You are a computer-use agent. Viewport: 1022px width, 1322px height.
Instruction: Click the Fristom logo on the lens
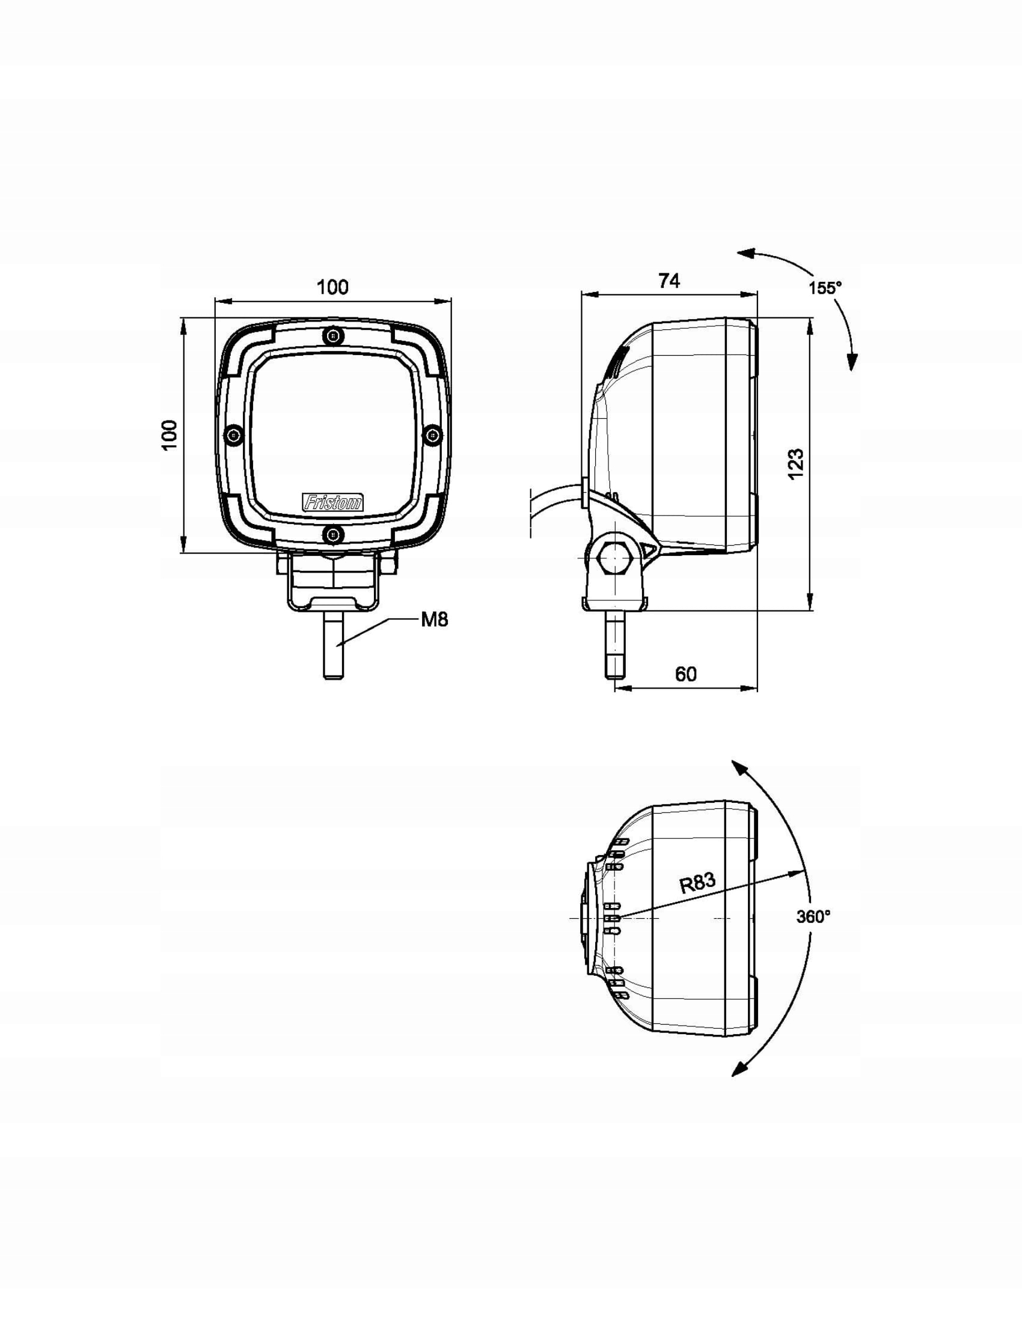click(332, 502)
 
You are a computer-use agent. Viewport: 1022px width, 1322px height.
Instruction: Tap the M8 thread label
click(434, 619)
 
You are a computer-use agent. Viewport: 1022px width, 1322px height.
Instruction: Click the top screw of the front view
click(332, 335)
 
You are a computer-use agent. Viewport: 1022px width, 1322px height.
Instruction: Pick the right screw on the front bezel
click(432, 434)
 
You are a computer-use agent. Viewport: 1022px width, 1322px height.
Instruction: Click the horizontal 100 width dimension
click(332, 287)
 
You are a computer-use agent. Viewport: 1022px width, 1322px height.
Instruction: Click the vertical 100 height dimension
click(170, 434)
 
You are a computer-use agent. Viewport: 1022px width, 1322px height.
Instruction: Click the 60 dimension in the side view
click(685, 674)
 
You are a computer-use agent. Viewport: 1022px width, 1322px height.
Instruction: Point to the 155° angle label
click(825, 287)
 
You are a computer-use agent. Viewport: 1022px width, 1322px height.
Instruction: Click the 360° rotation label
click(813, 916)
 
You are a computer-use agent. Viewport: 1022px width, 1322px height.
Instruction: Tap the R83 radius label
click(697, 883)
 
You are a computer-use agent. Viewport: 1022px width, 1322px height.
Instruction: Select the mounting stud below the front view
click(334, 647)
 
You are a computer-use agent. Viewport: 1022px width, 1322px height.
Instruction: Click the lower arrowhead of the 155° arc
click(852, 362)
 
